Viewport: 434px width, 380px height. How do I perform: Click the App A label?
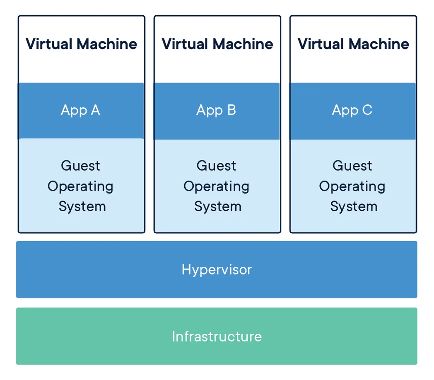point(80,110)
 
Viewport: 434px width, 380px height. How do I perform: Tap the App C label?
point(352,110)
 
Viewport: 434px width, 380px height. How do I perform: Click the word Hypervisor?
point(217,269)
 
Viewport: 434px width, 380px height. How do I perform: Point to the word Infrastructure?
point(217,336)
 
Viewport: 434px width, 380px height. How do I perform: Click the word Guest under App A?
point(80,165)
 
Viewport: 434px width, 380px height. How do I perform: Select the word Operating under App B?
point(216,186)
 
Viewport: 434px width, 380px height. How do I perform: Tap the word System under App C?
point(354,206)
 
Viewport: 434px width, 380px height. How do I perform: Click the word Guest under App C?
point(352,165)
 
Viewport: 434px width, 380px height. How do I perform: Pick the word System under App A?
point(82,206)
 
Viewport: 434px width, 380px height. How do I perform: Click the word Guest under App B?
point(216,165)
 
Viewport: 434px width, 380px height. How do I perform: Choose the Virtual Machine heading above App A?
point(81,44)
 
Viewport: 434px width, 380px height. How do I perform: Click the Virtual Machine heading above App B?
point(217,44)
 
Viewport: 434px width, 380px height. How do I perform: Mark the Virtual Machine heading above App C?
point(353,44)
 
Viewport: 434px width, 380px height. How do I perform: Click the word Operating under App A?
point(80,186)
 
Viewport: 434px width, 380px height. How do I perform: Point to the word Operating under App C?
point(352,186)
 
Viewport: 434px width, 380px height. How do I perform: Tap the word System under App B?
point(218,206)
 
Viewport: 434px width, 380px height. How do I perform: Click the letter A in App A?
point(95,110)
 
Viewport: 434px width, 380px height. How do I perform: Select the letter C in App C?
point(367,110)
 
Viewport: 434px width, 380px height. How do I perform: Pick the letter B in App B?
point(231,110)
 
